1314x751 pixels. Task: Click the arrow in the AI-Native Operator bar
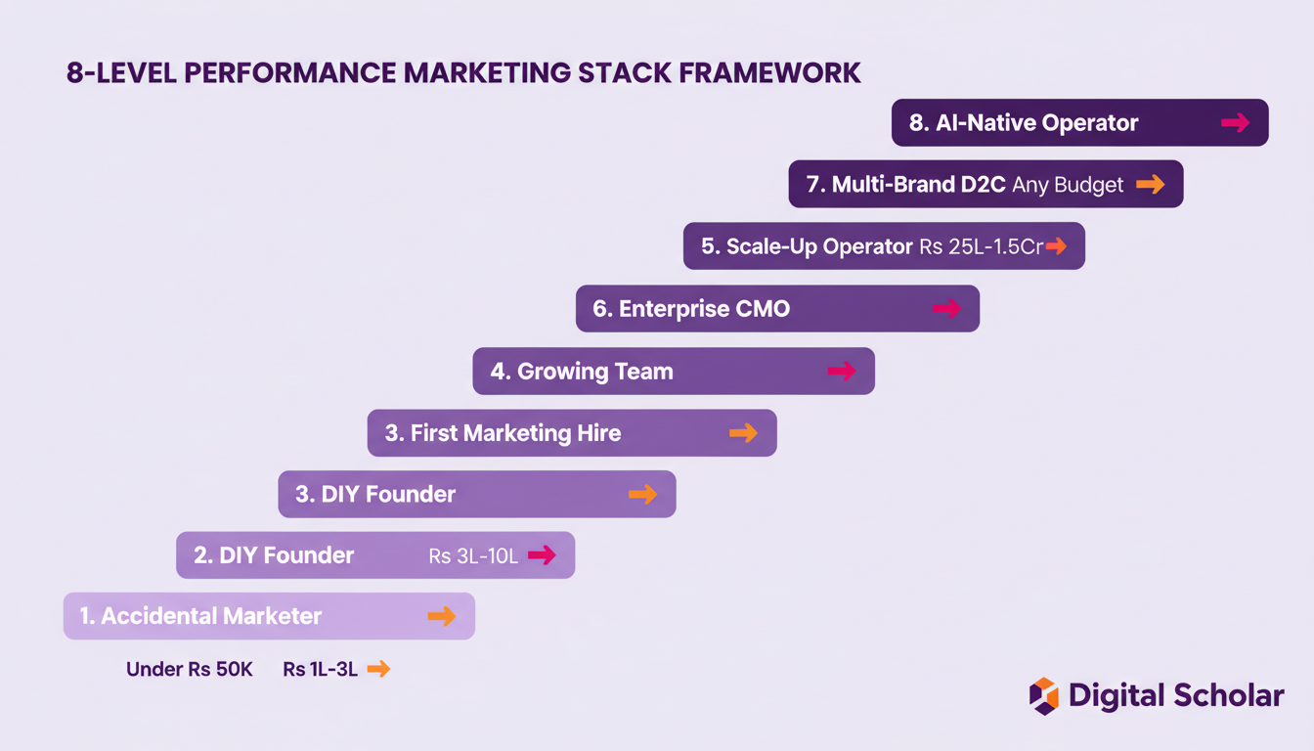pyautogui.click(x=1235, y=122)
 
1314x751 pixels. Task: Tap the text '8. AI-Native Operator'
pyautogui.click(x=1024, y=123)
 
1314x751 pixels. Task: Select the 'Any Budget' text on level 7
pyautogui.click(x=1068, y=185)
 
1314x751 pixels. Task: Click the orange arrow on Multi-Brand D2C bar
pyautogui.click(x=1150, y=184)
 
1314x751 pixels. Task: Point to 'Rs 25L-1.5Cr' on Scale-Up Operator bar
pyautogui.click(x=981, y=246)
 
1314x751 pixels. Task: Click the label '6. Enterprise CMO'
pyautogui.click(x=691, y=309)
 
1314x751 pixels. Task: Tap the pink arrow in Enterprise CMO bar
pyautogui.click(x=945, y=309)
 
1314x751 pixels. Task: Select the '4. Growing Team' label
pyautogui.click(x=582, y=372)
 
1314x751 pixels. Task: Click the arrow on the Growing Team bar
pyautogui.click(x=841, y=371)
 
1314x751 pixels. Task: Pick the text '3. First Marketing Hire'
pyautogui.click(x=503, y=433)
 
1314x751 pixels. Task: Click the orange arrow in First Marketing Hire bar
pyautogui.click(x=743, y=433)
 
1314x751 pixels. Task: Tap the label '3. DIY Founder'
pyautogui.click(x=375, y=495)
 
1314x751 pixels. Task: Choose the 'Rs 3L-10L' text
pyautogui.click(x=474, y=556)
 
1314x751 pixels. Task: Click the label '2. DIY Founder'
pyautogui.click(x=274, y=555)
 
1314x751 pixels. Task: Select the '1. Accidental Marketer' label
pyautogui.click(x=200, y=616)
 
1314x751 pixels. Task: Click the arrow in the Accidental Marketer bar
pyautogui.click(x=441, y=616)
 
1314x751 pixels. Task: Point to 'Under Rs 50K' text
pyautogui.click(x=190, y=670)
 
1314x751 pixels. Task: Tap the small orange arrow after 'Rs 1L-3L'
pyautogui.click(x=377, y=669)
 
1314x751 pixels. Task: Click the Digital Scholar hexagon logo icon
pyautogui.click(x=1043, y=696)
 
